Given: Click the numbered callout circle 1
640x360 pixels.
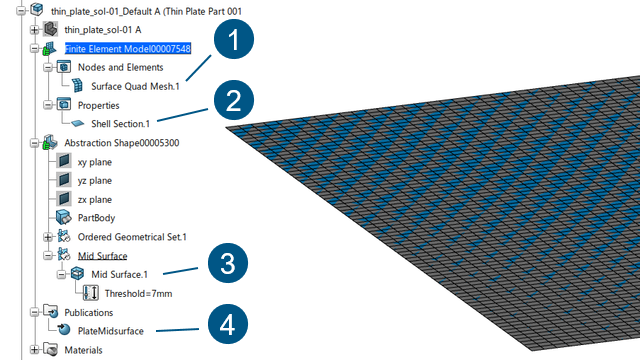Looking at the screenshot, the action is (234, 39).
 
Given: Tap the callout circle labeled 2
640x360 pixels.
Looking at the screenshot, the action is (234, 100).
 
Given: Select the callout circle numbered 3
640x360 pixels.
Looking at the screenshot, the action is (228, 263).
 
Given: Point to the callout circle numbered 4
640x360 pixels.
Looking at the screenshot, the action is (228, 324).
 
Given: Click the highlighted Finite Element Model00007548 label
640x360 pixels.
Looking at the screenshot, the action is (128, 49).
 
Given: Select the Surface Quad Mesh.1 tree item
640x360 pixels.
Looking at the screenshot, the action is (135, 87).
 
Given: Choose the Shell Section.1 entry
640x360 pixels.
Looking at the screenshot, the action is (120, 124).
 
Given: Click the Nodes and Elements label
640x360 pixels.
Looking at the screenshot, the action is (120, 67).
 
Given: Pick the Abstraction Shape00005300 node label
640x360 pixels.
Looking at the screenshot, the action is (122, 143).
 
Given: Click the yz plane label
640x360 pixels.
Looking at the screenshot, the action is (95, 180).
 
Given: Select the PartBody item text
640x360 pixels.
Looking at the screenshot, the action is (96, 218).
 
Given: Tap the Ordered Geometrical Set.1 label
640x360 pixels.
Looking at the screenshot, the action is (132, 237).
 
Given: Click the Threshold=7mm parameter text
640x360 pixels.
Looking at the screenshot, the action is (138, 293).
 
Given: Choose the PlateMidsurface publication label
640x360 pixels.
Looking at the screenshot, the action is (111, 331).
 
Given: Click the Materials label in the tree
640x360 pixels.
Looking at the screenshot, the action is (83, 350).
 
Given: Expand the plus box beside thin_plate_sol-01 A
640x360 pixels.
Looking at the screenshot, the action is (35, 30).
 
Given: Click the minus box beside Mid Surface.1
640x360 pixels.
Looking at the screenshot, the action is (62, 274).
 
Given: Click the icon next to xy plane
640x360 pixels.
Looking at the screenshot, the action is (64, 161).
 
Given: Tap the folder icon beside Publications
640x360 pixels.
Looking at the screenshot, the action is (51, 311).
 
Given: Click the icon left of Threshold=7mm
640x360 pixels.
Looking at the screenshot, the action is (91, 293).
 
